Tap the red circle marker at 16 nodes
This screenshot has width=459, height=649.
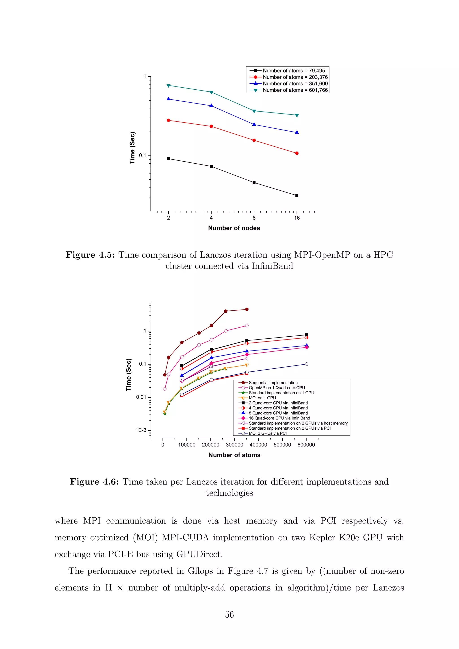click(297, 153)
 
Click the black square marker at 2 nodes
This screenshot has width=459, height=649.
click(169, 159)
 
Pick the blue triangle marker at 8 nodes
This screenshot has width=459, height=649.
click(254, 124)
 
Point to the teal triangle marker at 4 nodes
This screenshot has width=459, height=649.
click(211, 92)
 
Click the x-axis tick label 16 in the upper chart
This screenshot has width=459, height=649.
click(297, 218)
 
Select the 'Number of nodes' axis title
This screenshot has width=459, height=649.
click(234, 228)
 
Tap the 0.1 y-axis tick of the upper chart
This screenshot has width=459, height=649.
click(143, 156)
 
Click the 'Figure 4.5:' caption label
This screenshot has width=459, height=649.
click(90, 255)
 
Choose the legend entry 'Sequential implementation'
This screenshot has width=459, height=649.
click(273, 383)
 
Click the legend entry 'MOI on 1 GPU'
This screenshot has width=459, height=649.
click(262, 398)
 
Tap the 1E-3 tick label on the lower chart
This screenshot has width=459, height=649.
click(141, 430)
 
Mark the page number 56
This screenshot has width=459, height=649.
click(229, 614)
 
